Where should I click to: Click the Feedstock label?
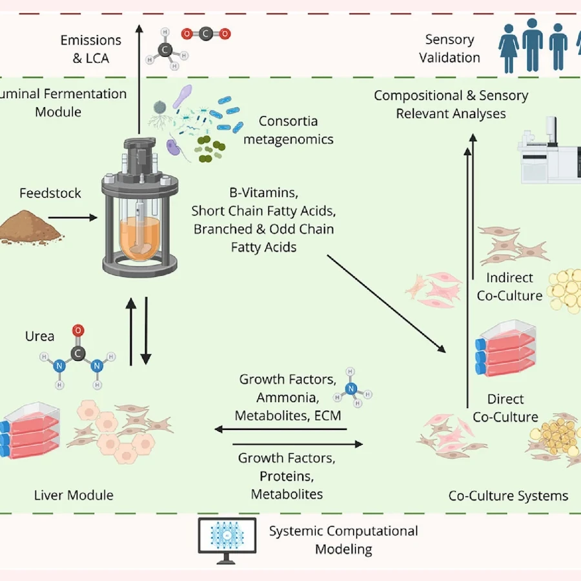tap(50, 193)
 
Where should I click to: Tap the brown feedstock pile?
tap(30, 226)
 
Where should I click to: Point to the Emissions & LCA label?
tap(90, 49)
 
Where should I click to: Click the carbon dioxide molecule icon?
tap(205, 34)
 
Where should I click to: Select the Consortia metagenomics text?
tap(288, 130)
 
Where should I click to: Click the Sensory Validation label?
tap(449, 49)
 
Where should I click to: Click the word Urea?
tap(39, 336)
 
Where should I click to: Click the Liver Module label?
tap(73, 496)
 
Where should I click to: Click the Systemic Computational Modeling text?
tap(343, 540)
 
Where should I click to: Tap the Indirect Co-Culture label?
tap(510, 287)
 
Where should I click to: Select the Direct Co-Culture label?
tap(505, 408)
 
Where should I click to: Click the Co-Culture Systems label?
tap(508, 496)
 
